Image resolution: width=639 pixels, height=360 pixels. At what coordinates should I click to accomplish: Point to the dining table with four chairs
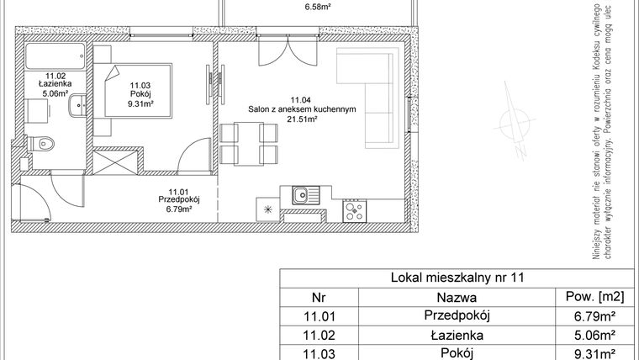click(250, 143)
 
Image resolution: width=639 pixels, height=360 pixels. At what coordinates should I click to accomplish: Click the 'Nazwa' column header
click(457, 297)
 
